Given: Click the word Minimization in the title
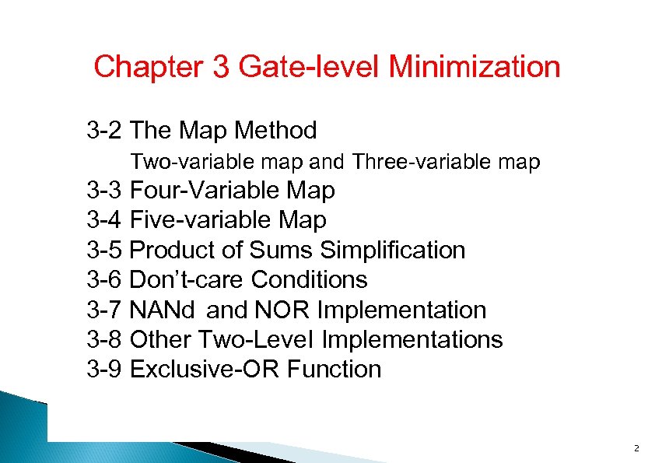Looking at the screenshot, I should coord(474,67).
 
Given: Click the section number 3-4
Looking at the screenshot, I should coord(105,220).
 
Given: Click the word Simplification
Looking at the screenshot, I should coord(393,251).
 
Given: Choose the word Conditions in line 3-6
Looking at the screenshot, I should coord(310,280).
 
